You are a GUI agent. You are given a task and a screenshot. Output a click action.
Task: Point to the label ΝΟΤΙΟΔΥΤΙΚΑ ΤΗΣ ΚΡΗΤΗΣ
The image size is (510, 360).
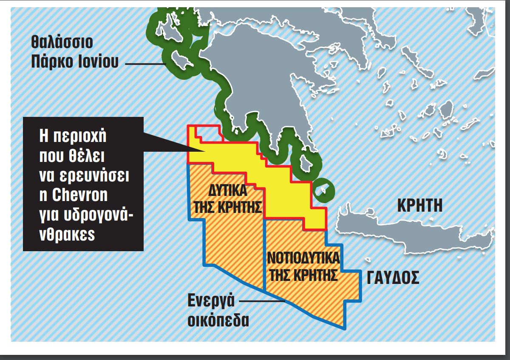click(x=303, y=266)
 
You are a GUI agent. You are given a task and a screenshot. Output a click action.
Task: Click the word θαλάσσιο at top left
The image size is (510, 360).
click(x=61, y=43)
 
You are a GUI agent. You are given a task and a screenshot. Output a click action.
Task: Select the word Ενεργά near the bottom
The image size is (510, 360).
click(x=211, y=300)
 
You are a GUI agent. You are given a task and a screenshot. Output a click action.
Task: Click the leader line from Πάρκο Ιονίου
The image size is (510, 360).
click(x=144, y=64)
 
